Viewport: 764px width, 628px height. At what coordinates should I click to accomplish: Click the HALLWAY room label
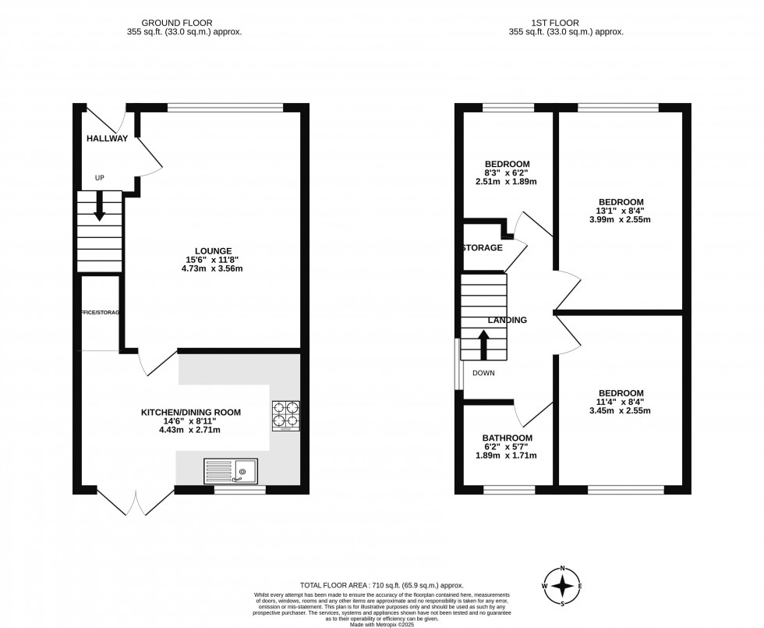(107, 138)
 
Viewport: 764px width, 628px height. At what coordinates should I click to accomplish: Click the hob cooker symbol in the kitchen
(286, 416)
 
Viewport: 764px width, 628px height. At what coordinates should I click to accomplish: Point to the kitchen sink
(230, 470)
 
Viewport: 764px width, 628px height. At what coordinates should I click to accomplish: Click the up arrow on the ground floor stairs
(100, 208)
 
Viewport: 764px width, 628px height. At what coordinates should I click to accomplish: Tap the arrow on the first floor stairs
(483, 344)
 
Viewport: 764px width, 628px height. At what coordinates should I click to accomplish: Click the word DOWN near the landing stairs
(483, 373)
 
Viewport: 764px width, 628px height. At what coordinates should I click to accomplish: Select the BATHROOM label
(507, 438)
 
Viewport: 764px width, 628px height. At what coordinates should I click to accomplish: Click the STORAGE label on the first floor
(482, 248)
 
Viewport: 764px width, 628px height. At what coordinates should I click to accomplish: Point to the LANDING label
(508, 320)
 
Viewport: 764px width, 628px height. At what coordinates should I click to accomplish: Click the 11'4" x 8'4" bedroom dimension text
(621, 402)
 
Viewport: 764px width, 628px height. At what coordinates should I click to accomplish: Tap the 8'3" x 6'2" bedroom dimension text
(506, 173)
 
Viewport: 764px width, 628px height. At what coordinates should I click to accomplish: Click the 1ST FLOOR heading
(565, 23)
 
